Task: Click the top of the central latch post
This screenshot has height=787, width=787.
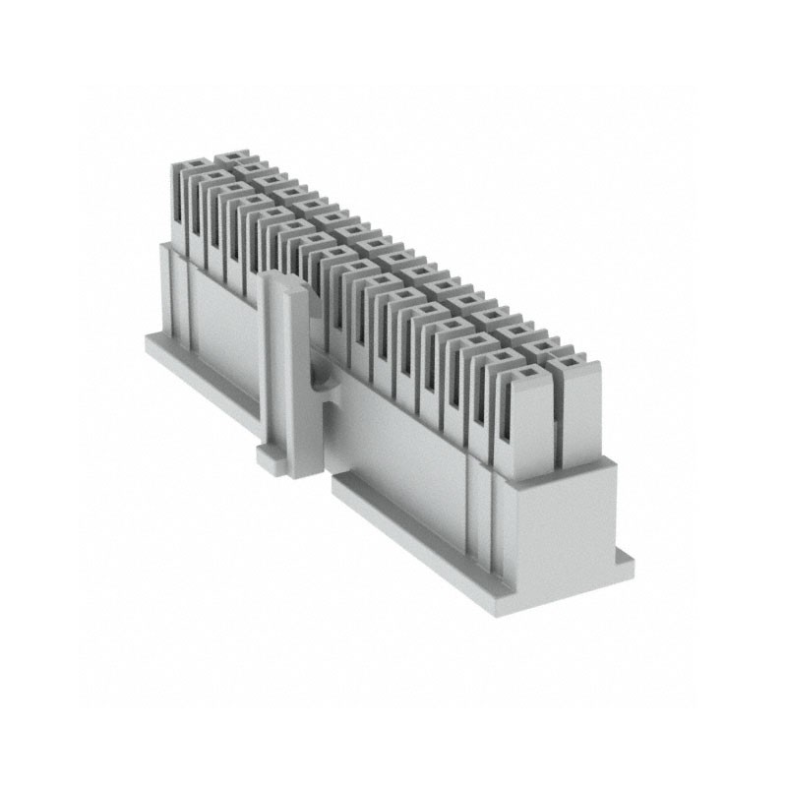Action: point(288,287)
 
